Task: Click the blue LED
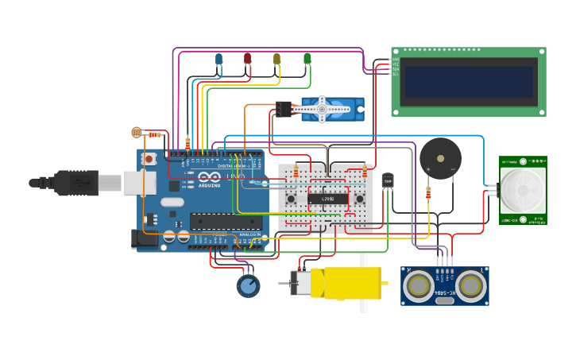pos(218,58)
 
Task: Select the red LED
pos(247,58)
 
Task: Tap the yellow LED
pos(276,58)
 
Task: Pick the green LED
pos(307,58)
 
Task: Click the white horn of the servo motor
pos(323,109)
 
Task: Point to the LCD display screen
pos(468,82)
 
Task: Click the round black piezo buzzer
pos(440,157)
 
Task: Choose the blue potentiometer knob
pos(248,285)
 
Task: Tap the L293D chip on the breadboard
pos(327,198)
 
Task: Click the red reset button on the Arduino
pos(149,160)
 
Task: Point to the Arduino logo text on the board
pos(209,182)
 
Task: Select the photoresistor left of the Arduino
pos(137,133)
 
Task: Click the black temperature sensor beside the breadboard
pos(388,181)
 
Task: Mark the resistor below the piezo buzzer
pos(428,192)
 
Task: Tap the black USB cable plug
pos(77,183)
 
